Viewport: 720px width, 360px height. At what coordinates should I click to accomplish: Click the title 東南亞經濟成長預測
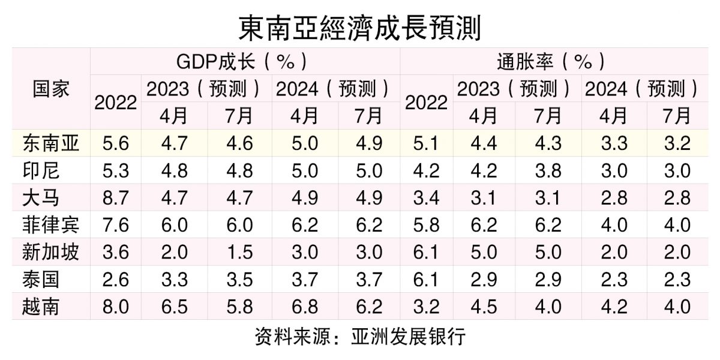[360, 27]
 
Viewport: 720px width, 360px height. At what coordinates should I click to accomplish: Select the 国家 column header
[50, 89]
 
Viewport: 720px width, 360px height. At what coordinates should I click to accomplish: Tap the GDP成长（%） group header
[245, 61]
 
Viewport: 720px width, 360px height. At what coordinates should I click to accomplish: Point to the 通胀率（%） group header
[551, 61]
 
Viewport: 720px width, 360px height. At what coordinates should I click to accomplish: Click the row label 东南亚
[50, 143]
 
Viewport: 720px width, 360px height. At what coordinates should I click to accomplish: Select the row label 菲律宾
[50, 225]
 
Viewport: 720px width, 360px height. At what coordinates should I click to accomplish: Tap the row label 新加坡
[50, 253]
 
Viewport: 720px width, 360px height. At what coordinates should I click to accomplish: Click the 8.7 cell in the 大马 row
[116, 198]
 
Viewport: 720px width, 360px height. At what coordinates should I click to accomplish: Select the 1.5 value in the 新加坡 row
[239, 253]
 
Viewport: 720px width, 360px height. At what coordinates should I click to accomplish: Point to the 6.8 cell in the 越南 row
[304, 307]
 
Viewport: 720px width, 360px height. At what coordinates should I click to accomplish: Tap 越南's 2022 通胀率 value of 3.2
[426, 307]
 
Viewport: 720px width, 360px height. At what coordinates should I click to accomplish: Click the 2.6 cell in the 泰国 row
[116, 280]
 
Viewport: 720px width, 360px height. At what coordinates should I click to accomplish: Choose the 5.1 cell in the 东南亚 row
[426, 143]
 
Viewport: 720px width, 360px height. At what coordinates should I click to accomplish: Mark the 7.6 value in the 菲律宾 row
[116, 225]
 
